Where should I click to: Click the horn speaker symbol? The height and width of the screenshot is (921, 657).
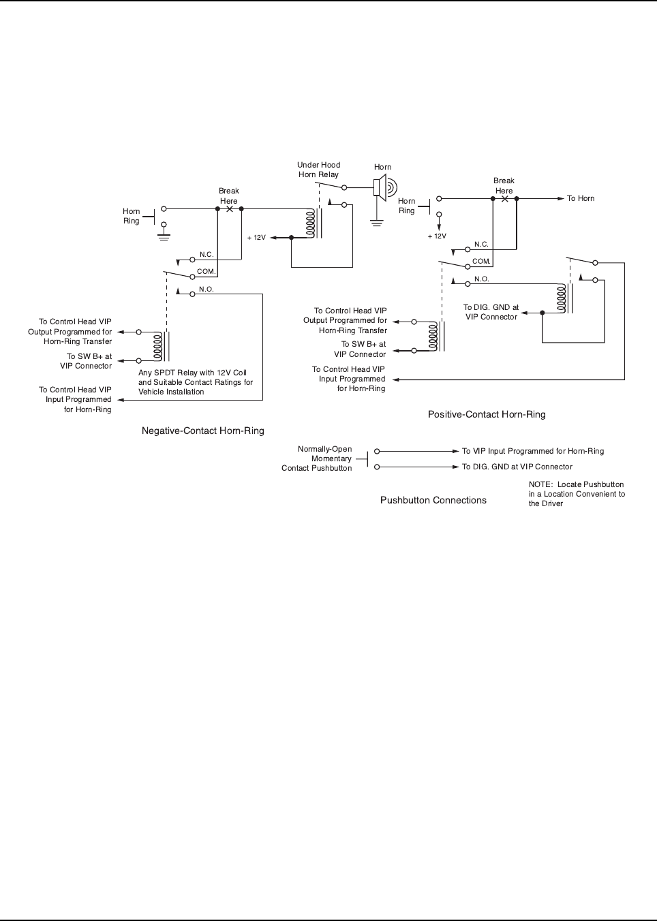tap(383, 187)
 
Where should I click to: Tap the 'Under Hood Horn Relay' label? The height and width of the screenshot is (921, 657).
tap(318, 170)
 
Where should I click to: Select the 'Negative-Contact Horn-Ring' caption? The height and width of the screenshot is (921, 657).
tap(202, 431)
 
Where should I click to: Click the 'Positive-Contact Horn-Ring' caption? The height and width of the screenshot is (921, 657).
tap(487, 414)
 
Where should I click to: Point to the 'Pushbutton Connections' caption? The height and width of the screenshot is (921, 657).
tap(433, 500)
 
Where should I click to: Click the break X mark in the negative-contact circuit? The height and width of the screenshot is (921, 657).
tap(230, 209)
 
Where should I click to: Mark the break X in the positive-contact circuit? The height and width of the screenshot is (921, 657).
tap(504, 199)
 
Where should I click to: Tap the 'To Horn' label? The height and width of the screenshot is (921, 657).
tap(581, 198)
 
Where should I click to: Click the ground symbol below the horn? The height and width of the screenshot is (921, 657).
tap(377, 221)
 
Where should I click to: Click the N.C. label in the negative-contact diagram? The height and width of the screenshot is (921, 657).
tap(207, 255)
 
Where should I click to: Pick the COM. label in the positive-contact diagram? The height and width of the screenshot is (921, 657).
tap(481, 261)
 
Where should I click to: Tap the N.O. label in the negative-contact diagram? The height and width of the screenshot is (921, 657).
tap(207, 290)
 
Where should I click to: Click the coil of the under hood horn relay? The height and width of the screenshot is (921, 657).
tap(311, 223)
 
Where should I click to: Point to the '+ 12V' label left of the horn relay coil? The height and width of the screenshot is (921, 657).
tap(256, 238)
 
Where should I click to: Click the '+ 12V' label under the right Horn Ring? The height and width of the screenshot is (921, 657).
tap(437, 236)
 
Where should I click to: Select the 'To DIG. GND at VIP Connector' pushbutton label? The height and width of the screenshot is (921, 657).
tap(517, 467)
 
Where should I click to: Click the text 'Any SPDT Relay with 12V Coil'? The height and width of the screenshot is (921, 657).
tap(192, 373)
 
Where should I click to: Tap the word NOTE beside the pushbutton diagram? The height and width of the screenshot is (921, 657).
tap(540, 484)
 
